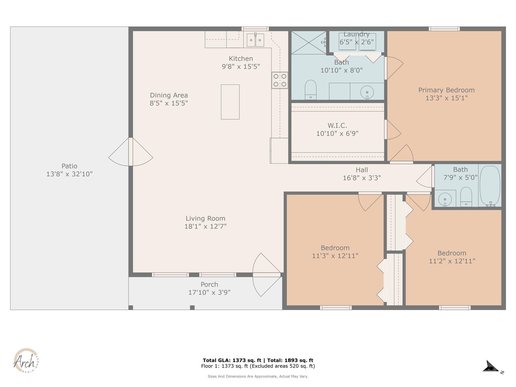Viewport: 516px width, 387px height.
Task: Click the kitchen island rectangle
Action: (230, 102)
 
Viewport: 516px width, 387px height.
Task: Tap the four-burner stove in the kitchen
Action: (280, 80)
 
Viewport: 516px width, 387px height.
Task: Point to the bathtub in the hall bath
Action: (490, 186)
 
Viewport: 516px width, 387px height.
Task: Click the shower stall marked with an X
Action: (309, 43)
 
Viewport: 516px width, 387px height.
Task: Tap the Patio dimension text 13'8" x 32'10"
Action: (69, 174)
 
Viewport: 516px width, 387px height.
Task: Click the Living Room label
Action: (205, 218)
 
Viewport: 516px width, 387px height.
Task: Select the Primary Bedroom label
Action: (446, 90)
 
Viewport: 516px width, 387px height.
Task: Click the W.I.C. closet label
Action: (337, 125)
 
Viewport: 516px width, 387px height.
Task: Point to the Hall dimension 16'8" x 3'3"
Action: (362, 178)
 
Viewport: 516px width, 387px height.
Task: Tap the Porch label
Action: (209, 284)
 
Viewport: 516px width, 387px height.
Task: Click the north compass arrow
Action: (490, 367)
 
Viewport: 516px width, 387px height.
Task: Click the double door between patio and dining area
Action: (131, 152)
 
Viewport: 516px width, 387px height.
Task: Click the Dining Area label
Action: (169, 95)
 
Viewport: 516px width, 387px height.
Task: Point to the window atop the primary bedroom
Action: (444, 29)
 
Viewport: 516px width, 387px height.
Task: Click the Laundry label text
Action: (356, 34)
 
